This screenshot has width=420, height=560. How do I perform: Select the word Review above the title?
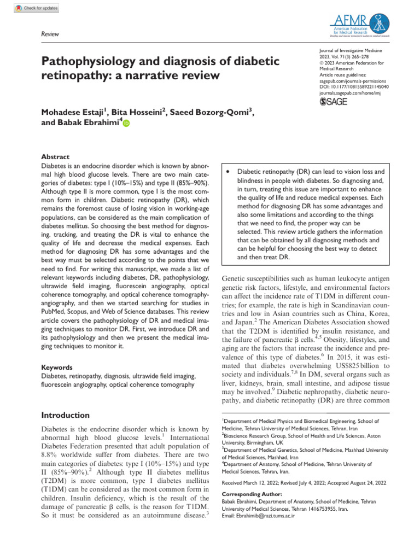50,34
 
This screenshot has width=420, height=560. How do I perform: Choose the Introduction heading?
66,415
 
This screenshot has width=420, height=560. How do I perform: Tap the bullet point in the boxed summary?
227,172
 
